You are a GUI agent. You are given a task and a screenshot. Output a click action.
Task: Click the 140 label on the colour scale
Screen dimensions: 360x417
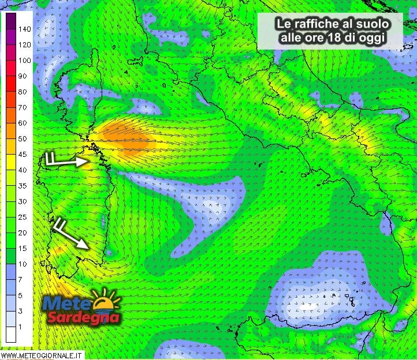pos(24,28)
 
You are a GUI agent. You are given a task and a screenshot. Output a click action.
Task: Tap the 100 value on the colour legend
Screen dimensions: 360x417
pos(24,60)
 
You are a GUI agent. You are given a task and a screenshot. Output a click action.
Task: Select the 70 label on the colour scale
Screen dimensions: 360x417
pos(23,107)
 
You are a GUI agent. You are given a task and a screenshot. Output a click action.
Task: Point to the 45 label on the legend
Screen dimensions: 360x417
pos(23,154)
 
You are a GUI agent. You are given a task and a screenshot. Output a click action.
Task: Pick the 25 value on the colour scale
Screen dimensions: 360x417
pos(23,217)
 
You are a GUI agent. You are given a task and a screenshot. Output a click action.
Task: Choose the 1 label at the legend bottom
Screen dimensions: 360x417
pos(21,327)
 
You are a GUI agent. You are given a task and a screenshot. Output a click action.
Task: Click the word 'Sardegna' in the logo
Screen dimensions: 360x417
pos(84,317)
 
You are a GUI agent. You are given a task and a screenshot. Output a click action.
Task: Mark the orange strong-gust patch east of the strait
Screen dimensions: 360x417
pos(128,139)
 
